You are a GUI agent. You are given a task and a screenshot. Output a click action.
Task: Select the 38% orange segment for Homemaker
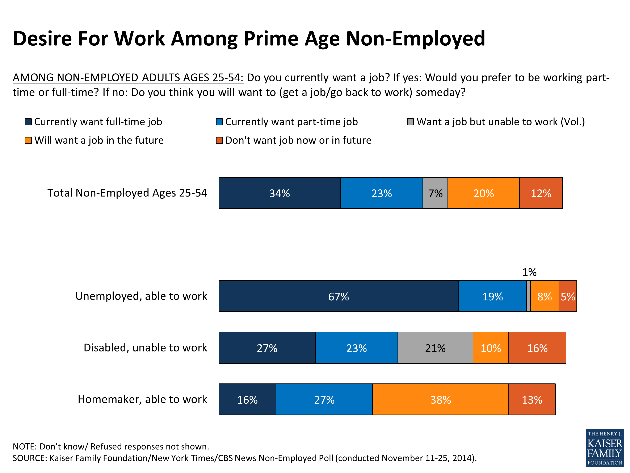[440, 399]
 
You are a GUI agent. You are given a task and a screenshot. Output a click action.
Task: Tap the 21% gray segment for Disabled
[435, 348]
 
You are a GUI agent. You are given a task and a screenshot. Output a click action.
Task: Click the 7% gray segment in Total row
[435, 193]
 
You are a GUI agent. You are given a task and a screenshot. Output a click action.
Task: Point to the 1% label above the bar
[529, 272]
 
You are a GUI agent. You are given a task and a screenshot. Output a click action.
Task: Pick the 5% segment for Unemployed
[568, 296]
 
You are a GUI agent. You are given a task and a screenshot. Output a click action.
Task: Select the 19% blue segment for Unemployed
[492, 296]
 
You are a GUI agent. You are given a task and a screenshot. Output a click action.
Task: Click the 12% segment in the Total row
[541, 193]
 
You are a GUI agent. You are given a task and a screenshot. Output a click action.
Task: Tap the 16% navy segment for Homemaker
[247, 399]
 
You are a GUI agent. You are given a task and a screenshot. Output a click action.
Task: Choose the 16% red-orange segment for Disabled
[537, 348]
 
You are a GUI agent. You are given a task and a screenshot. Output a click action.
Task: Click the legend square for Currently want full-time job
[28, 122]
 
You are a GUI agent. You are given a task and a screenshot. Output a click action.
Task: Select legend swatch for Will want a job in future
[28, 140]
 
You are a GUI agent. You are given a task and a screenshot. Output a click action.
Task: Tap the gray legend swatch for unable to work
[410, 122]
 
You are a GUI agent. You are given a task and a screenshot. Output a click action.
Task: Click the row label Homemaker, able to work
[142, 399]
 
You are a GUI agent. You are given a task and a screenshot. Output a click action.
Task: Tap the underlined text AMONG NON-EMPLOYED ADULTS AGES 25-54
[128, 78]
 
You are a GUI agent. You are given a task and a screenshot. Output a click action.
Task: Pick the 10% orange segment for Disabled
[491, 348]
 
